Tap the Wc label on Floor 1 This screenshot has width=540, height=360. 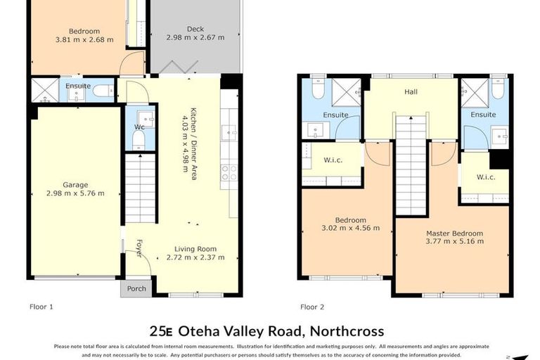(139, 127)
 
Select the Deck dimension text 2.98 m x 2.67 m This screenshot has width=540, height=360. (195, 39)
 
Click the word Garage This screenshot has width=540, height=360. (75, 185)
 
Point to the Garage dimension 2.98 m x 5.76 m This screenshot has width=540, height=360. (75, 194)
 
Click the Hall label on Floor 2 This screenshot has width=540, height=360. (412, 91)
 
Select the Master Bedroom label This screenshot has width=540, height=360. (455, 233)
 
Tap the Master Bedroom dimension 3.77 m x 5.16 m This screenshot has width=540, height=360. (455, 242)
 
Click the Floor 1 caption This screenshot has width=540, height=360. (41, 307)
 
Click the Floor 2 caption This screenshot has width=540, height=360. (312, 307)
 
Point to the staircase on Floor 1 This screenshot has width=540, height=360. (140, 190)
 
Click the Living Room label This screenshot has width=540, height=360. (195, 248)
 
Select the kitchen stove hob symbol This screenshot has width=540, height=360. (229, 173)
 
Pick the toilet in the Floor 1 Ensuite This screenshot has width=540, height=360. (103, 91)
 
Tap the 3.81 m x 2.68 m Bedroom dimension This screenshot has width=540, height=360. (84, 40)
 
